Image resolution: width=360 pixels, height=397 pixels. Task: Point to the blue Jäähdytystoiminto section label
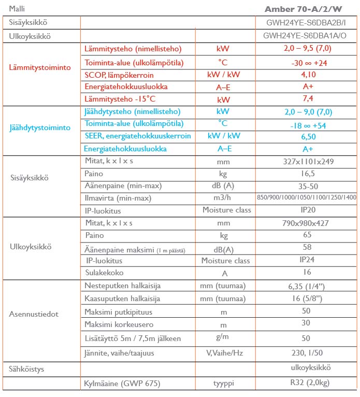[x=40, y=127]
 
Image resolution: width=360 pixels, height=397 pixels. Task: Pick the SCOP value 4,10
[x=308, y=75]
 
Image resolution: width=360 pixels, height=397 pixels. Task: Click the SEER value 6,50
[x=308, y=136]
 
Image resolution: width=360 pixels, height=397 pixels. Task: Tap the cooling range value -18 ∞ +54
[x=309, y=124]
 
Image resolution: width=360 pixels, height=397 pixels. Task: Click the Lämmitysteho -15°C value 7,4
[x=308, y=99]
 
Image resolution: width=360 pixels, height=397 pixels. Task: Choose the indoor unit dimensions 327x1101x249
[x=309, y=161]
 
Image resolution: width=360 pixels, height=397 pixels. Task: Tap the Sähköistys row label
[x=26, y=369]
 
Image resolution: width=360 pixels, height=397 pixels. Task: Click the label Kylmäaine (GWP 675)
[x=122, y=384]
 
